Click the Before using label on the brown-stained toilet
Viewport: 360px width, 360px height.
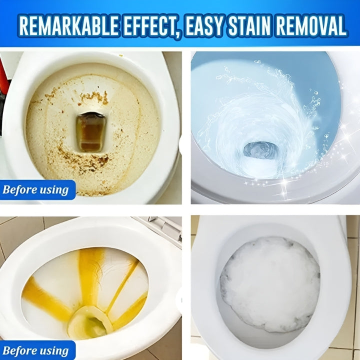(35, 190)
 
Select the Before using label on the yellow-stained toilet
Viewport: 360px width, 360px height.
(35, 350)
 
